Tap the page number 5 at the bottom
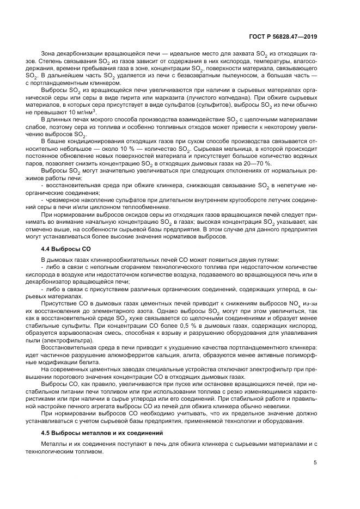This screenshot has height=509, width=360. click(x=316, y=463)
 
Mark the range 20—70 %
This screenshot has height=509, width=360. click(x=256, y=163)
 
